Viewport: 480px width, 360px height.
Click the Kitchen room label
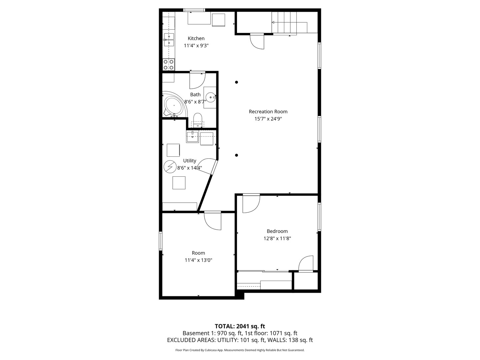(196, 38)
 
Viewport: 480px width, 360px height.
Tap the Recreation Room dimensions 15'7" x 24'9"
(268, 119)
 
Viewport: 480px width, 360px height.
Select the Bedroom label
(277, 231)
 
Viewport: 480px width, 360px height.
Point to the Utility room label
(189, 161)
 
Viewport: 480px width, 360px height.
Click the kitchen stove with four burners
(169, 64)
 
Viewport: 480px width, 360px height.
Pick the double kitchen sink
(169, 39)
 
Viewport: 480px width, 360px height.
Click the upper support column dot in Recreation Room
(237, 82)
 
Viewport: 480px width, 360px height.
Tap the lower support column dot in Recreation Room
(237, 155)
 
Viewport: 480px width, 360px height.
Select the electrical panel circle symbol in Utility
(170, 166)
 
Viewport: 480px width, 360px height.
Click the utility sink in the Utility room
(192, 136)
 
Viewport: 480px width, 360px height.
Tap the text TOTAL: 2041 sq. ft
(240, 326)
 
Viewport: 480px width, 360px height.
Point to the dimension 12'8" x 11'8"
(277, 238)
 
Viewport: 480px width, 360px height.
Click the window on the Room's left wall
(160, 241)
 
